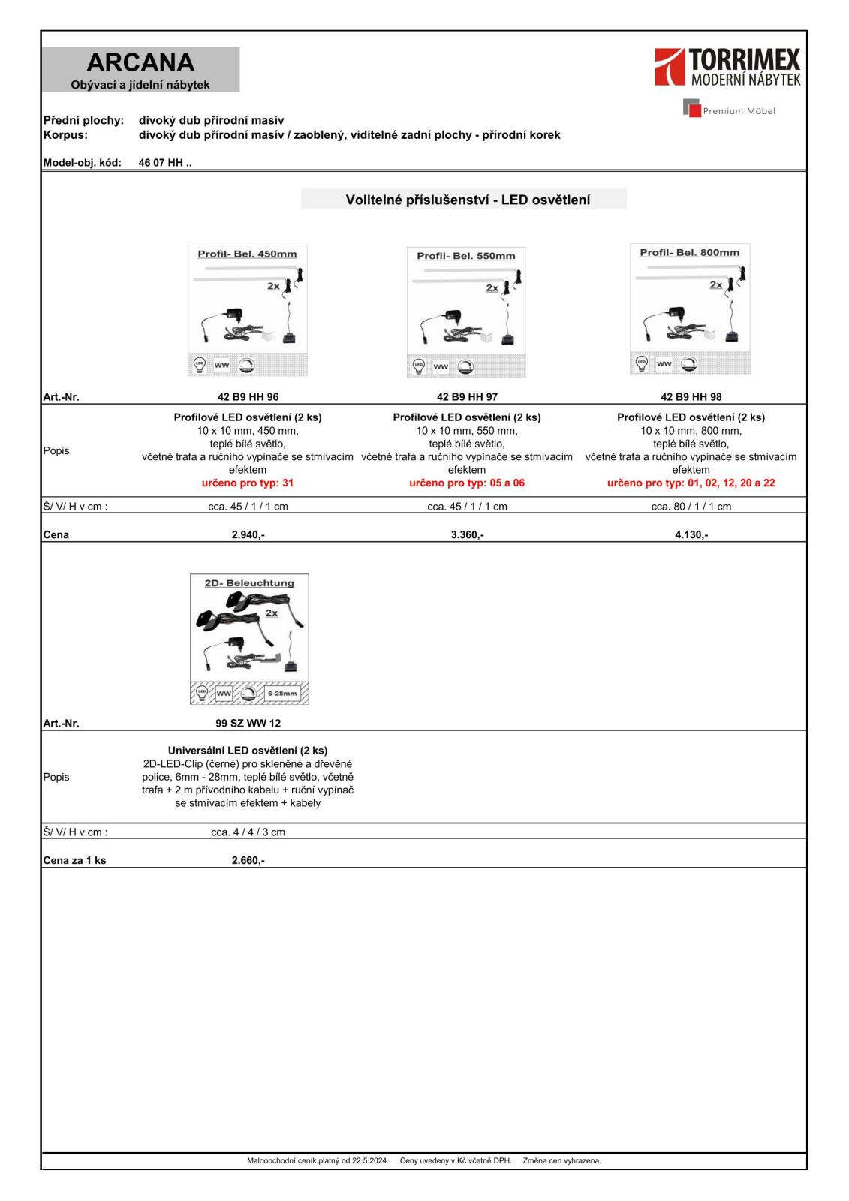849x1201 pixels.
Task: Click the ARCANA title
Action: click(140, 62)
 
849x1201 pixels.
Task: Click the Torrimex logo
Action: click(727, 67)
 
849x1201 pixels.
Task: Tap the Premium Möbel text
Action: click(738, 111)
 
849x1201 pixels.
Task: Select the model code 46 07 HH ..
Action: click(164, 162)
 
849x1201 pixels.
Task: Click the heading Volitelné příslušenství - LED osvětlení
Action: click(467, 200)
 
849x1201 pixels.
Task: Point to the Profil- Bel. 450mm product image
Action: click(247, 310)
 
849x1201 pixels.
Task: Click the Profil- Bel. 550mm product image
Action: click(466, 312)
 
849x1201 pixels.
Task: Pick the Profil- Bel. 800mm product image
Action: click(689, 309)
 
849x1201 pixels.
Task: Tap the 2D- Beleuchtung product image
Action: click(249, 639)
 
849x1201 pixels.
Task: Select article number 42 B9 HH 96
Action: click(248, 397)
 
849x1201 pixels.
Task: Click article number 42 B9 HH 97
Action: click(467, 397)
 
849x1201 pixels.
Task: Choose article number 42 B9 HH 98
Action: click(691, 397)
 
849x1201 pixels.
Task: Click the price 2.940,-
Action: click(248, 534)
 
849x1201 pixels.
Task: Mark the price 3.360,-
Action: click(467, 534)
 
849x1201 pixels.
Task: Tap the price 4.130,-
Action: click(691, 534)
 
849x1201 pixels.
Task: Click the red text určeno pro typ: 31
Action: click(248, 483)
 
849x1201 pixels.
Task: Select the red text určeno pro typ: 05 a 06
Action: click(467, 483)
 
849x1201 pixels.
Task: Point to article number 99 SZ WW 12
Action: click(248, 724)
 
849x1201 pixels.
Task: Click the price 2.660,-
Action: click(248, 860)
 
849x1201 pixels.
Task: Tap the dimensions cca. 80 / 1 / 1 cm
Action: click(691, 507)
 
